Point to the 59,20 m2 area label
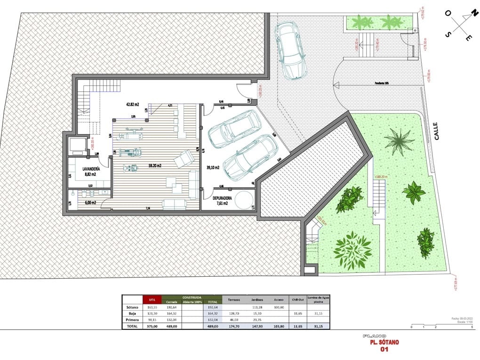click(155, 166)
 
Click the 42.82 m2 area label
click(133, 104)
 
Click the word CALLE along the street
click(436, 131)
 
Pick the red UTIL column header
click(152, 300)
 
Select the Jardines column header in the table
click(257, 300)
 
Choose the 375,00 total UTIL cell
click(152, 326)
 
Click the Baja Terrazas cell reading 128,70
click(233, 313)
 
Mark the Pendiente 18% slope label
click(382, 83)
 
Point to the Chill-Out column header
click(296, 300)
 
